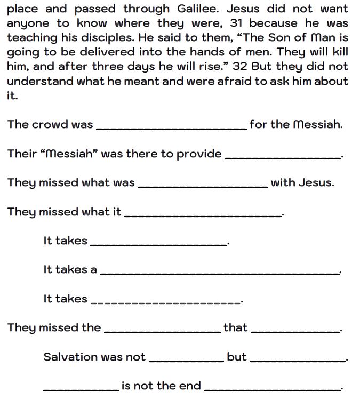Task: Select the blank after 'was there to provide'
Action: coord(284,156)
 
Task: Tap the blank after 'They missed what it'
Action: coord(203,214)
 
